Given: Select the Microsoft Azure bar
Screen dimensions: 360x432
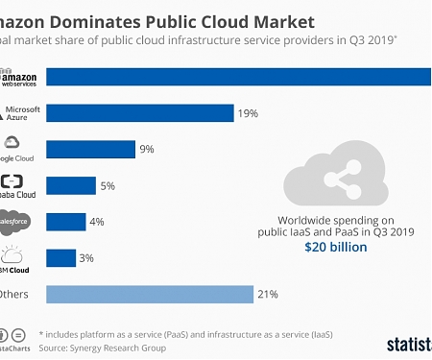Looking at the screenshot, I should (x=139, y=113).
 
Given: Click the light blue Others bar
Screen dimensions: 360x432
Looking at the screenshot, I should (x=149, y=294).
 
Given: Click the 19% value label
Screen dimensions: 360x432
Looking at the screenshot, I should (x=248, y=113).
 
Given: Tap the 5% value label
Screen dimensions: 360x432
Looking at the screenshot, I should (x=108, y=185).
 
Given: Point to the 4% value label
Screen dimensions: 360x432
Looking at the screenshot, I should (x=98, y=222).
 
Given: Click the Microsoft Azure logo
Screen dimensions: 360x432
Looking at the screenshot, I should (x=20, y=113).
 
